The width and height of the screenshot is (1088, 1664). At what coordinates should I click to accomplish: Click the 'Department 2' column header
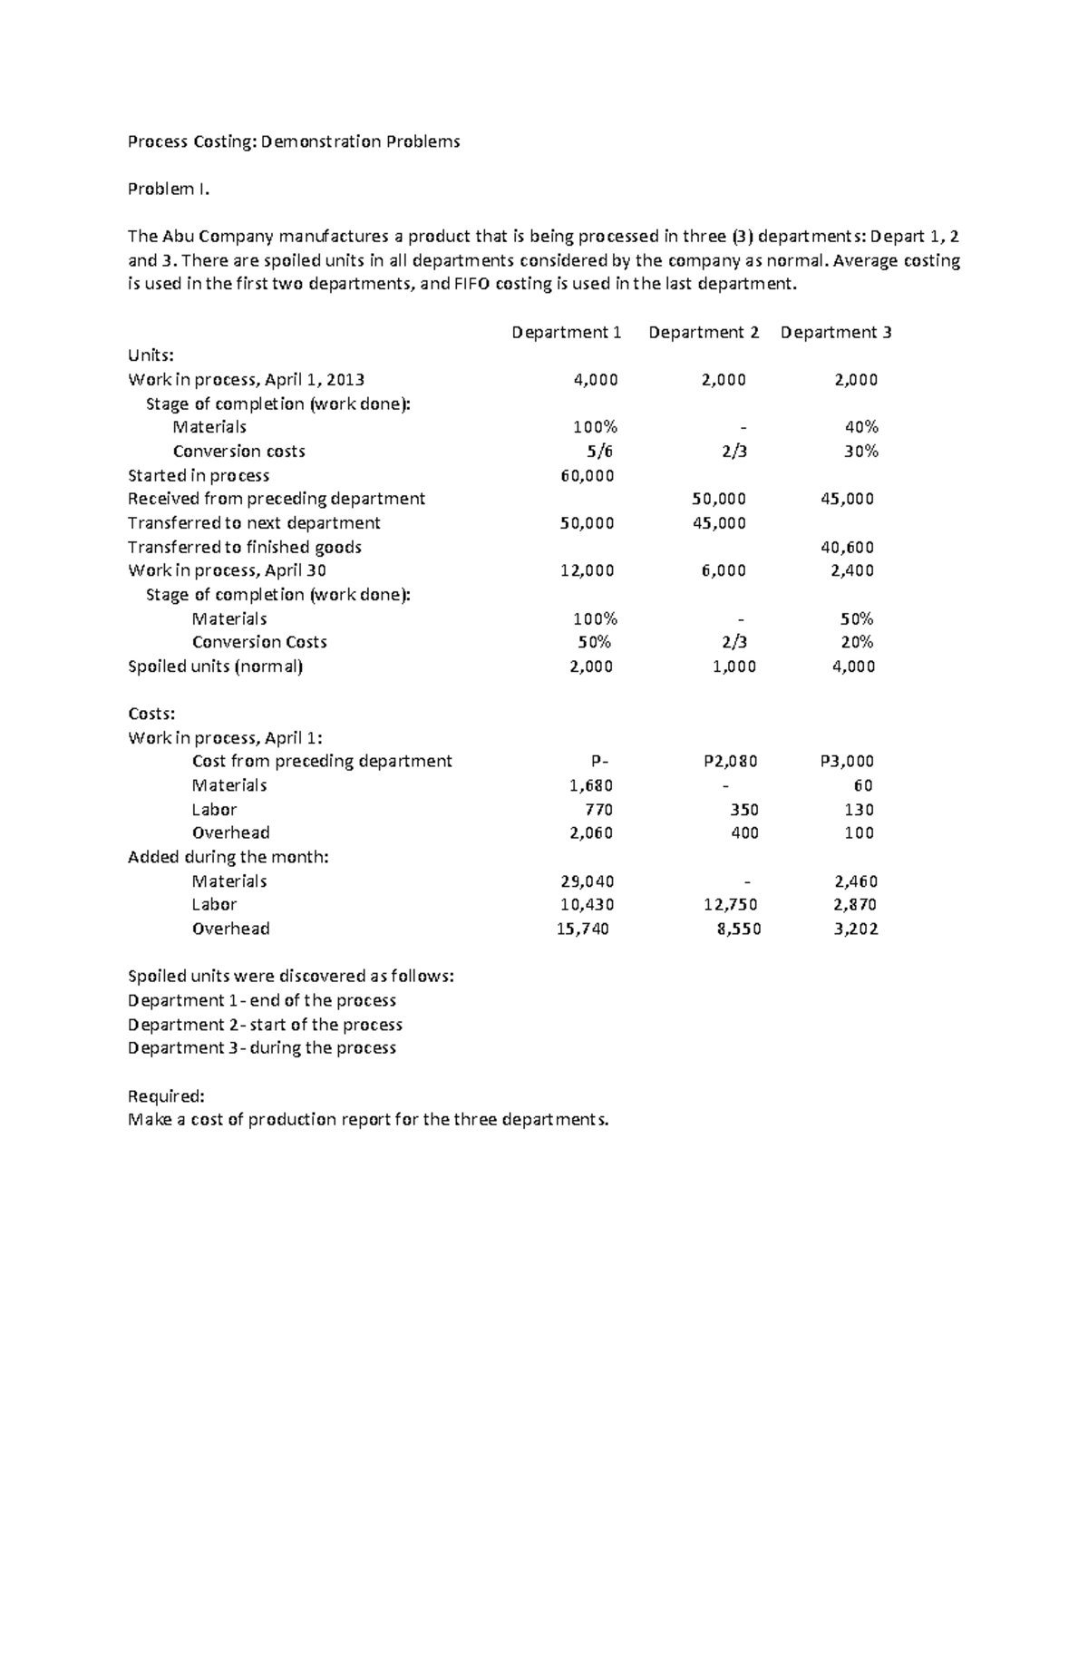[x=704, y=333]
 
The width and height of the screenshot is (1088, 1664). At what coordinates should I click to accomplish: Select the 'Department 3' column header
[x=836, y=333]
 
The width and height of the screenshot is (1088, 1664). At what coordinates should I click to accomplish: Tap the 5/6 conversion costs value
[x=600, y=452]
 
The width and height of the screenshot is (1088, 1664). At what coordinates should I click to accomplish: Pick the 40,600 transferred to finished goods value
[x=847, y=548]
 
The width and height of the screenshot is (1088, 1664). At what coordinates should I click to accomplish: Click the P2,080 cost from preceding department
[x=730, y=762]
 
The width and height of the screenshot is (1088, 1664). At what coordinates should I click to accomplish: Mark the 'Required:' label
[x=166, y=1096]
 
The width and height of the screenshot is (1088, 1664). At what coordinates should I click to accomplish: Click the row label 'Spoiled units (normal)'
[x=216, y=667]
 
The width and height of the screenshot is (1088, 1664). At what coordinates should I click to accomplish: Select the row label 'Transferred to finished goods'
[x=245, y=548]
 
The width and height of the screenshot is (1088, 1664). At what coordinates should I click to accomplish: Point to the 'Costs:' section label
[x=151, y=715]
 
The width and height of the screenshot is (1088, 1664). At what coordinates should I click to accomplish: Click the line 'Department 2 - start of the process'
[x=265, y=1025]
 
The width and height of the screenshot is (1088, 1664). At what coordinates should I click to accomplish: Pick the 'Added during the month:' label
[x=228, y=858]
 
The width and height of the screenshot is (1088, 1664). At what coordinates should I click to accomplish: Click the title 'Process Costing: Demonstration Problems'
[x=294, y=141]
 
